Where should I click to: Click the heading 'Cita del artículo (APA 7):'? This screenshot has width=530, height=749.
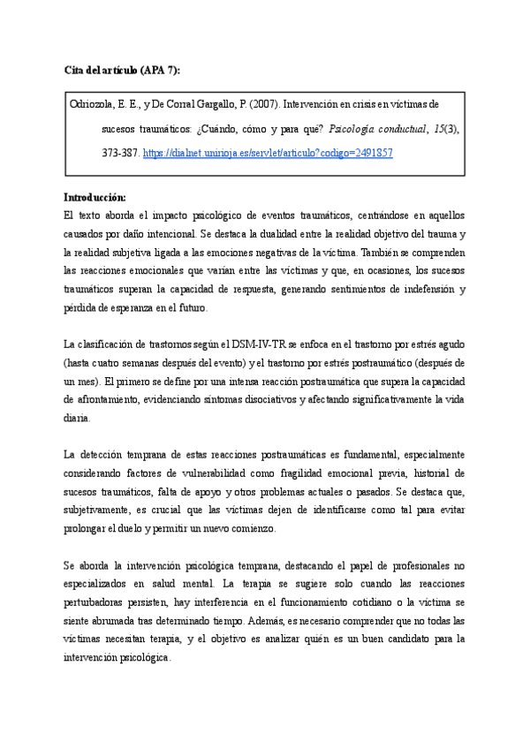(127, 70)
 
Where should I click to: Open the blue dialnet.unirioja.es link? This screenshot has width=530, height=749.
(268, 153)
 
